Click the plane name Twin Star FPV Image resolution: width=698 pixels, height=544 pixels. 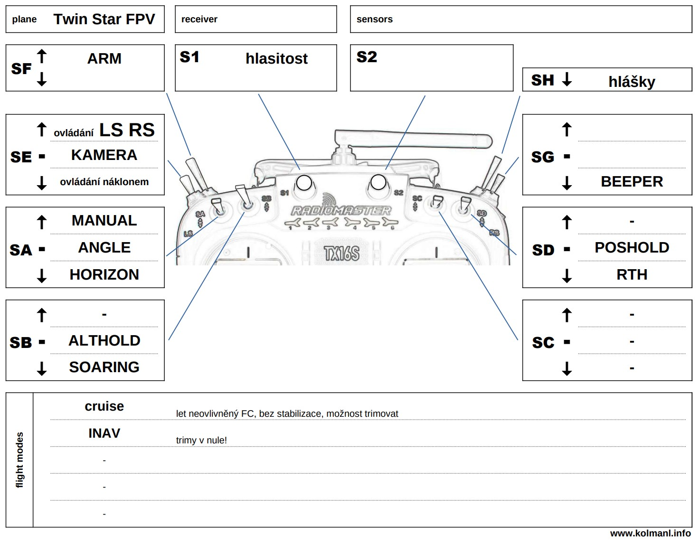tap(104, 19)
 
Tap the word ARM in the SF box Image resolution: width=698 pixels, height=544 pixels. tap(104, 58)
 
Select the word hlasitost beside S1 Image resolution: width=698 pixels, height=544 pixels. tap(276, 58)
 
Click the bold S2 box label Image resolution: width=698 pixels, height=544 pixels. tap(367, 57)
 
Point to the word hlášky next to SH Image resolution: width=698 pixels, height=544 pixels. tap(632, 82)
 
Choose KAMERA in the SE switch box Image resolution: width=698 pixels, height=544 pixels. tap(104, 155)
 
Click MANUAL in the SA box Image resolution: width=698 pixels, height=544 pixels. tap(104, 220)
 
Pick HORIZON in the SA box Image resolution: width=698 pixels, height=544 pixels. tap(104, 274)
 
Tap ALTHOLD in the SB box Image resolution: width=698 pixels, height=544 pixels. tap(104, 340)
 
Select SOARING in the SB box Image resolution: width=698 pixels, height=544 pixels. tap(104, 367)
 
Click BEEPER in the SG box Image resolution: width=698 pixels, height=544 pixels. tap(632, 181)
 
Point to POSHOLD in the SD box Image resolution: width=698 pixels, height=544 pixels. tap(632, 247)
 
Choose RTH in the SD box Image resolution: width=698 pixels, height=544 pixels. tap(632, 274)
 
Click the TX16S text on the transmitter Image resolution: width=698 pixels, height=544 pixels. tap(341, 253)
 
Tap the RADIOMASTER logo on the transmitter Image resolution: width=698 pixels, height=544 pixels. tap(341, 210)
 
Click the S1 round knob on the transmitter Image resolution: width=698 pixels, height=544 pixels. tap(304, 183)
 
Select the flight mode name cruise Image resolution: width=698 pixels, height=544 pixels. tap(104, 406)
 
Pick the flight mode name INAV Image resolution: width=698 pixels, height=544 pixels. tap(104, 433)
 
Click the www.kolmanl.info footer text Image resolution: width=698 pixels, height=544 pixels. tap(650, 534)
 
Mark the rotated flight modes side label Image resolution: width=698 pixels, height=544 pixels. tap(19, 460)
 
